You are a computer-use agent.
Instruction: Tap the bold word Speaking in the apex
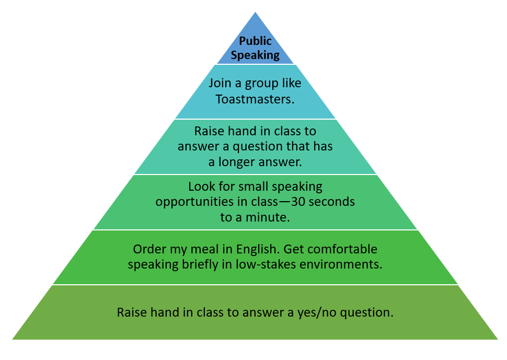[x=255, y=55]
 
